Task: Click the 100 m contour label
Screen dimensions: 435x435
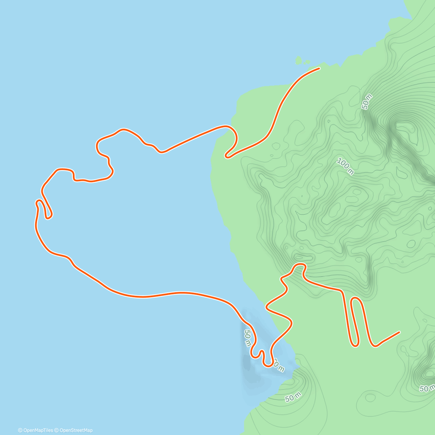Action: tap(345, 166)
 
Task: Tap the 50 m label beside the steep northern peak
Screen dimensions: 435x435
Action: tap(367, 101)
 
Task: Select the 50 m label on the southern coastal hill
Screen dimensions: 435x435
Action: tap(293, 398)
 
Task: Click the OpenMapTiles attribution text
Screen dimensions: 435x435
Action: tap(36, 430)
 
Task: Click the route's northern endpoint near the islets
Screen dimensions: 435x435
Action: tap(319, 68)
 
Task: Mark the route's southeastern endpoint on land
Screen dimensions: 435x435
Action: tap(399, 332)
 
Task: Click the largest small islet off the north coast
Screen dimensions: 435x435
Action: tap(299, 60)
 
